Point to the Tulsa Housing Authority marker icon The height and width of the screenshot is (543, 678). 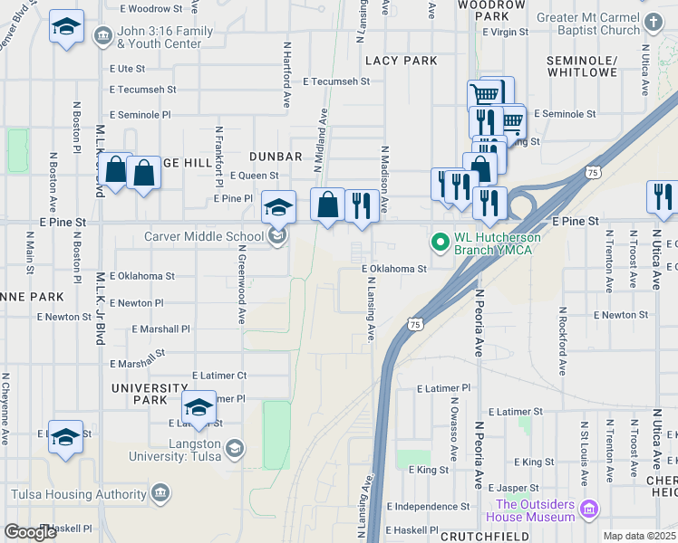coord(160,493)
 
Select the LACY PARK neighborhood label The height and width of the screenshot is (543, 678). coord(401,61)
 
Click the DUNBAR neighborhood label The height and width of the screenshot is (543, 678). coord(262,157)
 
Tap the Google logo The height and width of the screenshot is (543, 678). coord(30,532)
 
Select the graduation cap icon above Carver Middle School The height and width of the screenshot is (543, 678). coord(279,206)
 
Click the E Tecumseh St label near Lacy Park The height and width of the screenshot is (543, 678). coord(337,81)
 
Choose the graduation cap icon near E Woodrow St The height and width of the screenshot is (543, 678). coord(66,27)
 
